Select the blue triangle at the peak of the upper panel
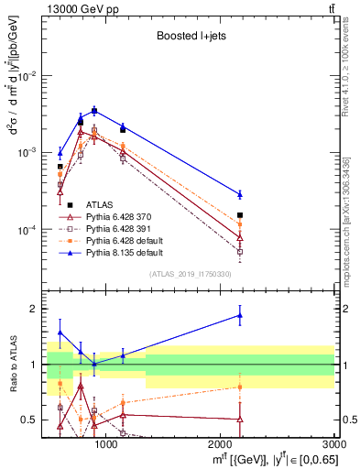pyautogui.click(x=93, y=109)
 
